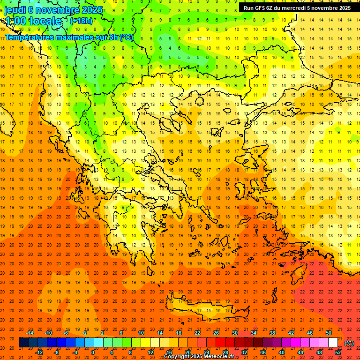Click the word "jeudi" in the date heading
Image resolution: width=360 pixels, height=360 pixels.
pos(15,10)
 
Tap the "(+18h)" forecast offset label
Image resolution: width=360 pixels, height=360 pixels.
pos(81,21)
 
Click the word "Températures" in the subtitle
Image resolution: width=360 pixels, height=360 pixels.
pos(29,37)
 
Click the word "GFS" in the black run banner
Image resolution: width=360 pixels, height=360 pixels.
pos(264,8)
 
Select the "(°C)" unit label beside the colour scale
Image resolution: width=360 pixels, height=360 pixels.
pos(349,343)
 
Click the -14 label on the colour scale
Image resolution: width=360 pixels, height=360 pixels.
pos(30,333)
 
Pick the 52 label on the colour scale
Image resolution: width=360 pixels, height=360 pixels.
pos(338,352)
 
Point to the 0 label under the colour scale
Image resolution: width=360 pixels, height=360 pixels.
pos(92,352)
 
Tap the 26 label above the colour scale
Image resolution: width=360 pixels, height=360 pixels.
pos(216,333)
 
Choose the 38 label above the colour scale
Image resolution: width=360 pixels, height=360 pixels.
pos(272,333)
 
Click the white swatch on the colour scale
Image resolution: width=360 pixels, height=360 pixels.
pos(333,343)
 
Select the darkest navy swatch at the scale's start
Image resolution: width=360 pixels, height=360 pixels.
pos(23,343)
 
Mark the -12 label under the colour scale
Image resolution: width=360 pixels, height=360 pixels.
pos(39,352)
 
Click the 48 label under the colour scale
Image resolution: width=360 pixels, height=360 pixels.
pos(319,352)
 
